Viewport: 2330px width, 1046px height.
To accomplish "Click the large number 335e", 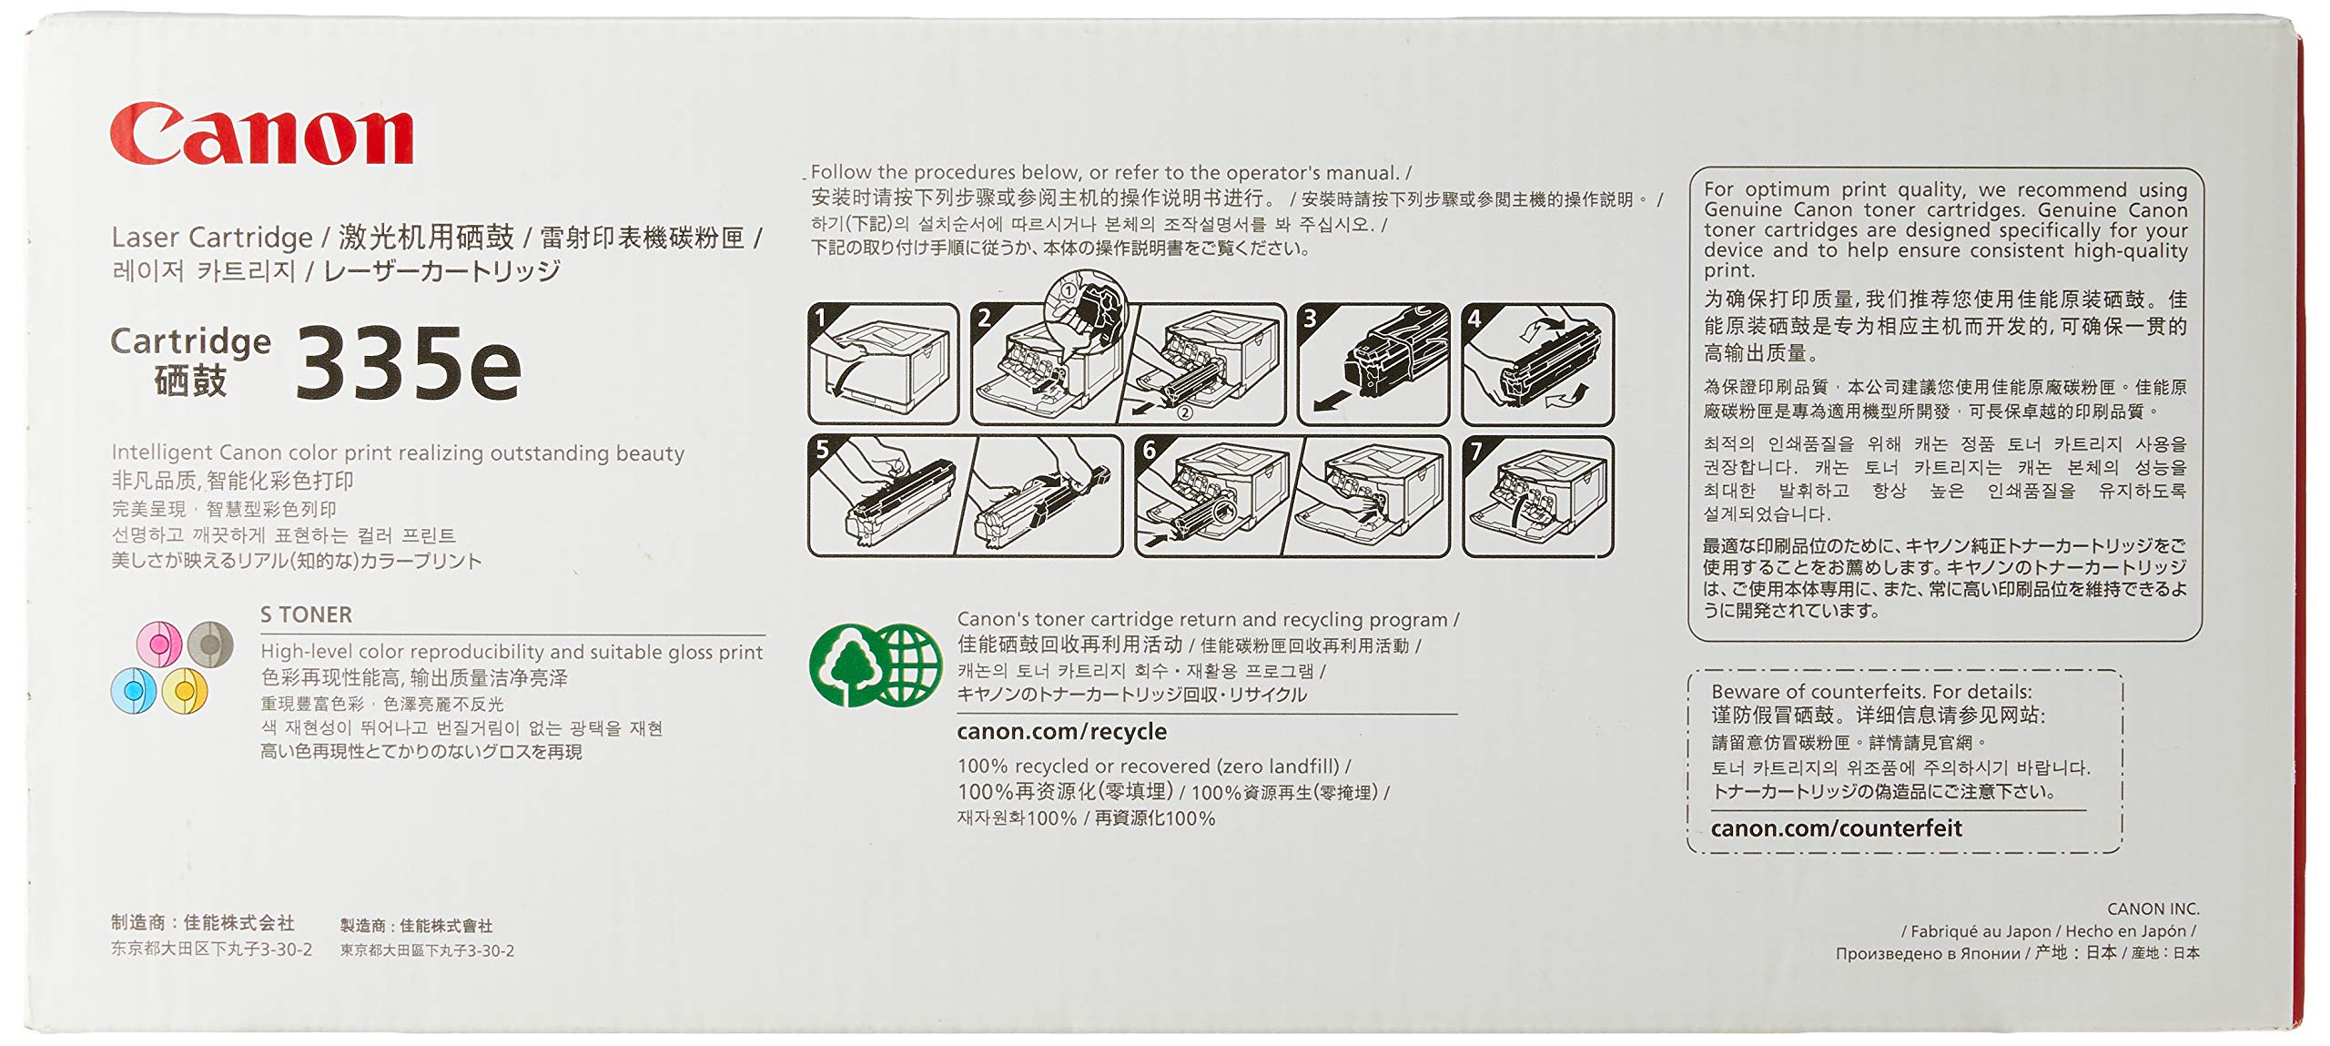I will pyautogui.click(x=408, y=364).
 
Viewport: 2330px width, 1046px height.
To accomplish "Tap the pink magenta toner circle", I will pyautogui.click(x=158, y=645).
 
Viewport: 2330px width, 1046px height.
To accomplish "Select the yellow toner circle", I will pyautogui.click(x=185, y=691).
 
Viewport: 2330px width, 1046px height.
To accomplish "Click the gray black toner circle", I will pyautogui.click(x=210, y=645).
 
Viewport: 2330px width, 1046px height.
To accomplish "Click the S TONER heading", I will pyautogui.click(x=306, y=615).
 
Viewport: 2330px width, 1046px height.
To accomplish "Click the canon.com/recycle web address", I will pyautogui.click(x=1061, y=732).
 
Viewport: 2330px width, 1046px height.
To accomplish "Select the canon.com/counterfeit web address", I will pyautogui.click(x=1836, y=828).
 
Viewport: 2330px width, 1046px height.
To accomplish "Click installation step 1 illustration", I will pyautogui.click(x=883, y=364).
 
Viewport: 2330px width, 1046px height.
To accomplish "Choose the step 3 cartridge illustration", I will pyautogui.click(x=1373, y=364).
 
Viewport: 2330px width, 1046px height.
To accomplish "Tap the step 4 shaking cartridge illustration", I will pyautogui.click(x=1537, y=364).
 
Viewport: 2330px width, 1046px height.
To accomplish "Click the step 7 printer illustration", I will pyautogui.click(x=1537, y=497).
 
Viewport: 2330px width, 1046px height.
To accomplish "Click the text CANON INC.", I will pyautogui.click(x=2153, y=909).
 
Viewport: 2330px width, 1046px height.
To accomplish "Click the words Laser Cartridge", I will pyautogui.click(x=211, y=239).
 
